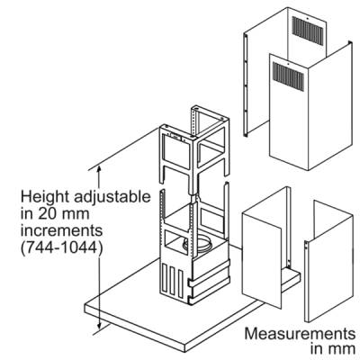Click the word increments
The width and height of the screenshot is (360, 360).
(x=61, y=231)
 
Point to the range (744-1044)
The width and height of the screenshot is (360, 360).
(x=60, y=248)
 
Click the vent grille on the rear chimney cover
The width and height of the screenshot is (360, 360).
(x=308, y=30)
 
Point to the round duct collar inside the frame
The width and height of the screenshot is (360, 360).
(x=199, y=242)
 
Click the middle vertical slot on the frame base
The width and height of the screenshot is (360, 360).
(x=173, y=281)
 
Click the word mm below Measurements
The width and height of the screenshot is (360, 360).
(x=340, y=350)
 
